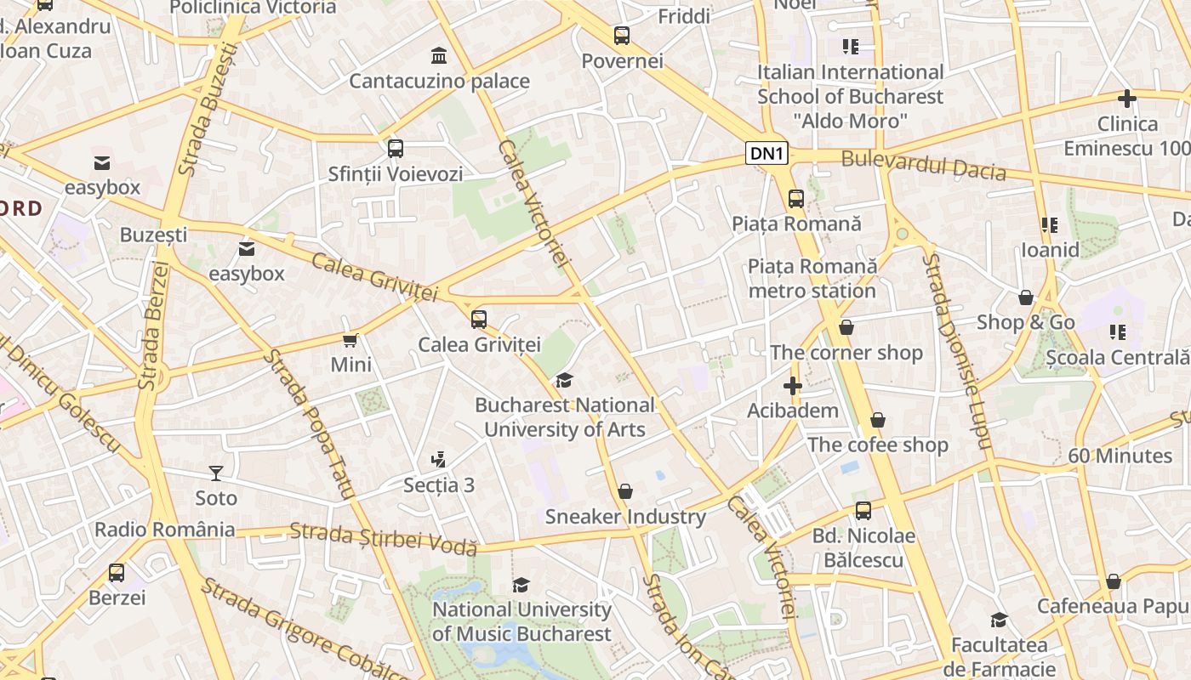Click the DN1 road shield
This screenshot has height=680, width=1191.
[x=766, y=153]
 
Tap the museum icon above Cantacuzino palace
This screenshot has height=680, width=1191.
[x=439, y=56]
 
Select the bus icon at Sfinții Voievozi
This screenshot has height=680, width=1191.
[x=396, y=149]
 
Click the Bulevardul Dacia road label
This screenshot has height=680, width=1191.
[x=923, y=165]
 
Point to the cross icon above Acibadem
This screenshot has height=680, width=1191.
[x=793, y=386]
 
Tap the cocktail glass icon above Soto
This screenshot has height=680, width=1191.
[x=216, y=473]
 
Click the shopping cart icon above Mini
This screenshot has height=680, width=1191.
[x=350, y=341]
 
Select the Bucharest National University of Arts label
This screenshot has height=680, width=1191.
[x=565, y=417]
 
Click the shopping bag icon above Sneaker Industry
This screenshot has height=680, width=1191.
[x=625, y=491]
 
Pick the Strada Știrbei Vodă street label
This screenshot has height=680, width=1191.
[x=383, y=540]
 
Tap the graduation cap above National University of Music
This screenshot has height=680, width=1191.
[x=521, y=585]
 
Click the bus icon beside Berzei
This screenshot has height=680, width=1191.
[x=117, y=573]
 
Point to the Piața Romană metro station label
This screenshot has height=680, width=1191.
[x=812, y=279]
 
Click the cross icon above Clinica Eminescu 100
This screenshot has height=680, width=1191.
[x=1127, y=99]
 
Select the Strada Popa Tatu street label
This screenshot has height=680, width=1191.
[x=308, y=422]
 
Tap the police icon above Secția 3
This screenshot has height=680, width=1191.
[x=438, y=460]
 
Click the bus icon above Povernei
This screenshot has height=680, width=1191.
[x=622, y=36]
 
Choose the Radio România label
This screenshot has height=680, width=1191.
[x=165, y=530]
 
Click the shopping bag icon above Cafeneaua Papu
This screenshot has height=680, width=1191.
[x=1114, y=581]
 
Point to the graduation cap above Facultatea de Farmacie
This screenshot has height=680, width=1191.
[x=1000, y=620]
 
